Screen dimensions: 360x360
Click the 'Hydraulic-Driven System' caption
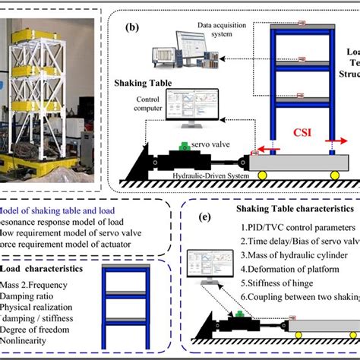click(216, 174)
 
